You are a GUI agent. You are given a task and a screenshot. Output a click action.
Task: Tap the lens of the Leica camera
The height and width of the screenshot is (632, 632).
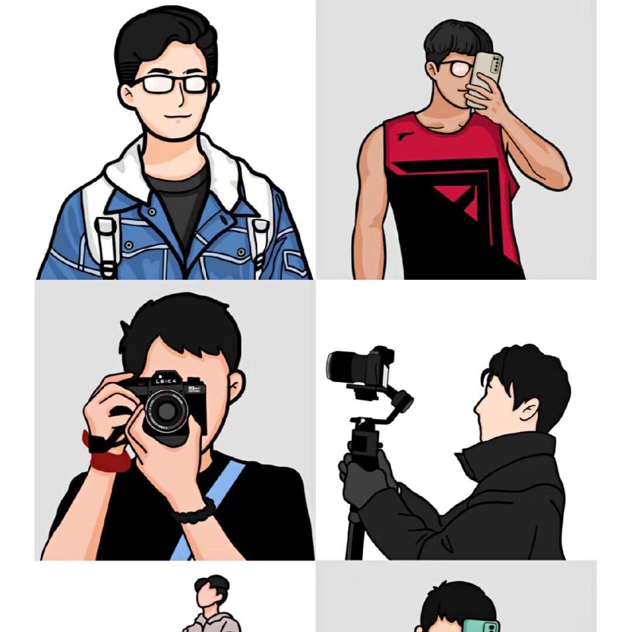pos(166,411)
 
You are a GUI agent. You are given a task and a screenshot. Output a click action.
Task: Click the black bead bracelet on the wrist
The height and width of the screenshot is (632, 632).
pos(193,513)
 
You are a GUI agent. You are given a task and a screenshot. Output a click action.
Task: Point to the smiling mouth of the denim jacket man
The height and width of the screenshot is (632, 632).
pos(175,115)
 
